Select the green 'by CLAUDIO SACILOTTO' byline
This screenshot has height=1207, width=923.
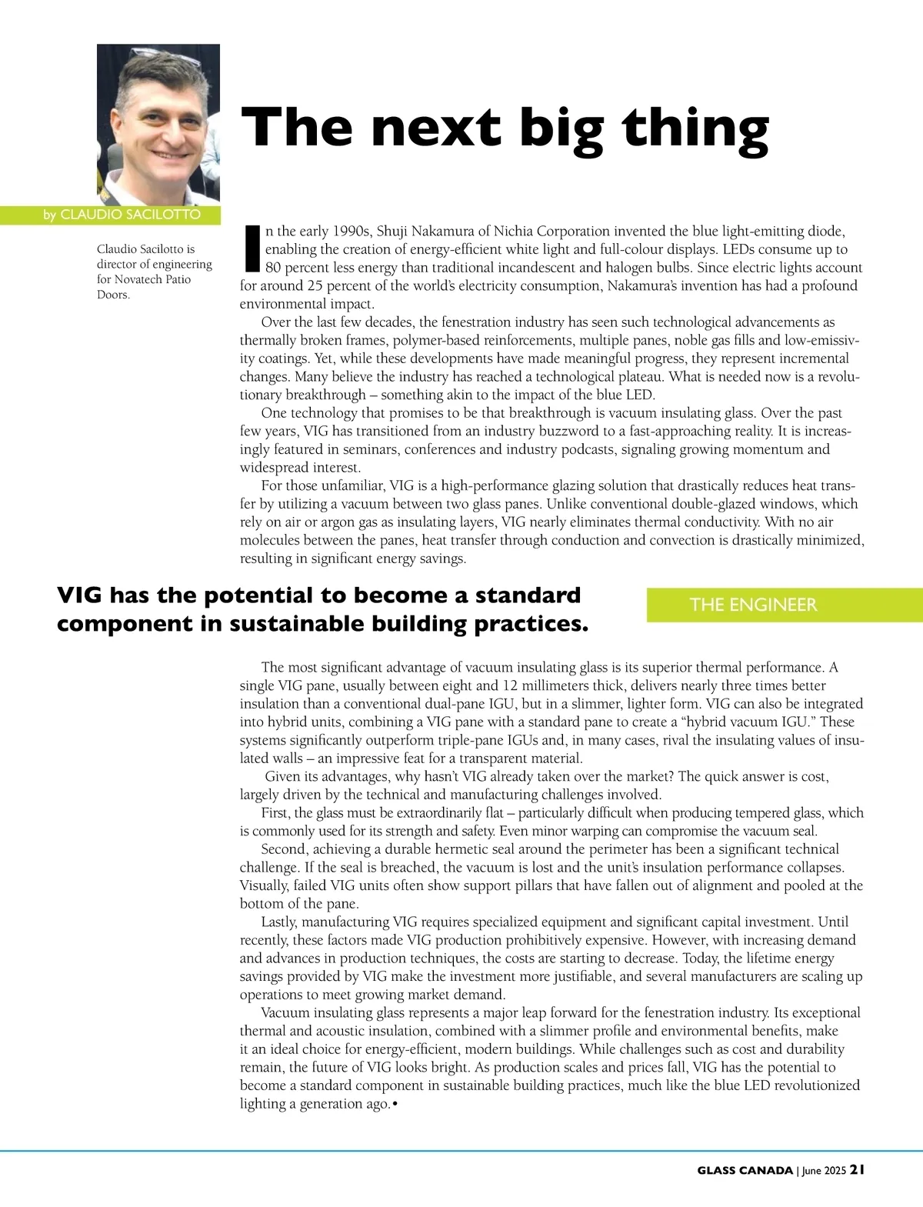(x=122, y=215)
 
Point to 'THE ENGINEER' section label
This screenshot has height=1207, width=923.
(x=753, y=605)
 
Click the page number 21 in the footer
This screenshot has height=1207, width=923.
(x=857, y=1169)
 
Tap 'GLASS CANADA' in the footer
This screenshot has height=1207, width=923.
(x=745, y=1170)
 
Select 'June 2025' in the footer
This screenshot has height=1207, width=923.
(x=824, y=1170)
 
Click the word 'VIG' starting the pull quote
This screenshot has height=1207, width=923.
(x=81, y=595)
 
